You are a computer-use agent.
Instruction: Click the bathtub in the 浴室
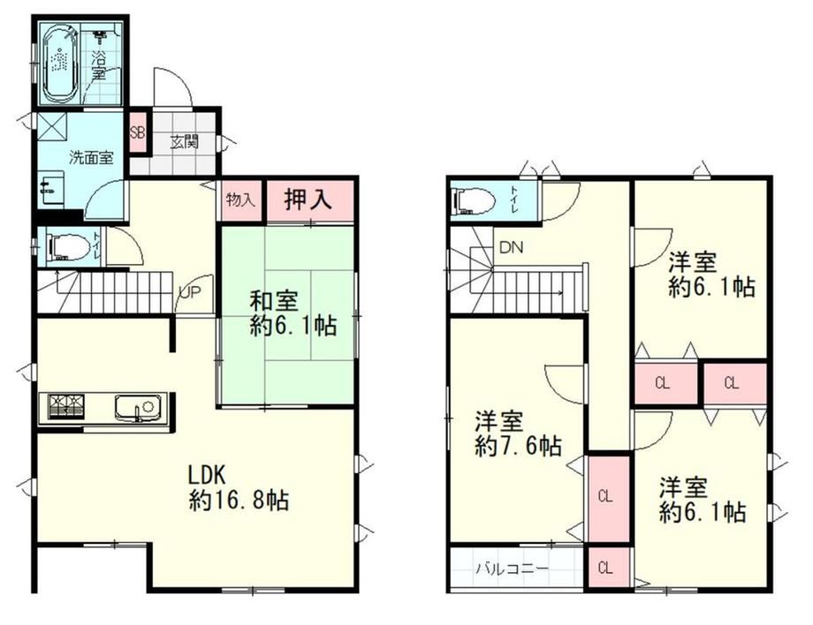60,64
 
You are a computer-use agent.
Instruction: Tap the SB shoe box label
137,132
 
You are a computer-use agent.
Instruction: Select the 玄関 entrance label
185,141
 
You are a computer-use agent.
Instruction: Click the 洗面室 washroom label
91,157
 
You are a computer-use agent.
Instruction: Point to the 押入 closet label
308,200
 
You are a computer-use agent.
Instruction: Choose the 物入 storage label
240,200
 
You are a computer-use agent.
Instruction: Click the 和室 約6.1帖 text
293,313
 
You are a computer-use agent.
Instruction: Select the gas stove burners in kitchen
66,406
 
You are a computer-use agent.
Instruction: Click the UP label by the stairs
189,292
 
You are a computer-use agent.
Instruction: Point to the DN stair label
512,247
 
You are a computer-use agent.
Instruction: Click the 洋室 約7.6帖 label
518,433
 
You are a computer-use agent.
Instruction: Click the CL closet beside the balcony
605,568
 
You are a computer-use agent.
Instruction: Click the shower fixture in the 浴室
99,35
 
